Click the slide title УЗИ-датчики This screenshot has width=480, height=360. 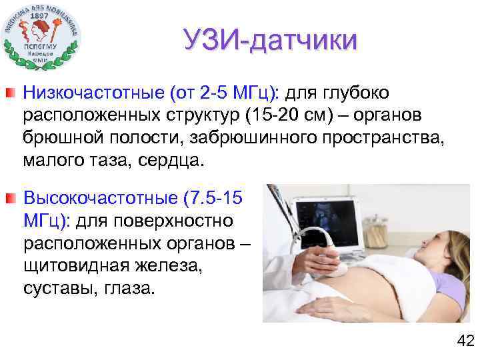pos(271,41)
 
